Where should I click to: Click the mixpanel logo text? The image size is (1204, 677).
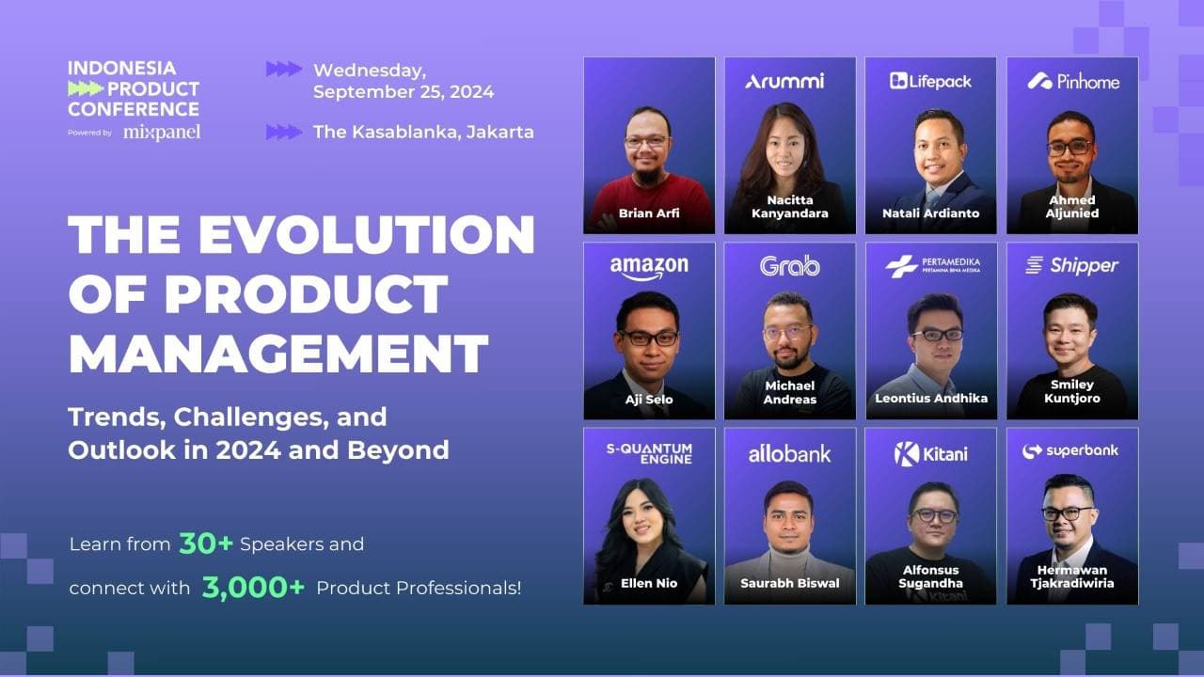coord(162,132)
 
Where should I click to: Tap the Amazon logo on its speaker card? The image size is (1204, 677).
coord(649,267)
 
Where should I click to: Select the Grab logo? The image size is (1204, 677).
coord(790,266)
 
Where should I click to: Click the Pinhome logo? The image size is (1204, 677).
coord(1073,81)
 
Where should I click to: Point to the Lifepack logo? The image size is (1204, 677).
coord(931,81)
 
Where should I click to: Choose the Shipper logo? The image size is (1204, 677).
coord(1072,266)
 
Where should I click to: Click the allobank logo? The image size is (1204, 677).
coord(790,454)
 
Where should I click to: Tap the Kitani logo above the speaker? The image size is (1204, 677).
coord(930,454)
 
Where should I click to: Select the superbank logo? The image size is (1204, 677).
coord(1070,451)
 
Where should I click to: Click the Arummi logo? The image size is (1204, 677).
coord(784,81)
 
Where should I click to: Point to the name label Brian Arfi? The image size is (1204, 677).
coord(648,213)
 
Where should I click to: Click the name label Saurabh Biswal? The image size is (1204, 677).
coord(790,584)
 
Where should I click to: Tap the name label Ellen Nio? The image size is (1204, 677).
coord(648,584)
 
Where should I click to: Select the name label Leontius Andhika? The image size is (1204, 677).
coord(931,398)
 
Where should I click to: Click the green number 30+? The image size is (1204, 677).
coord(205,543)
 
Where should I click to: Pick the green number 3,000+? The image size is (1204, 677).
coord(254,589)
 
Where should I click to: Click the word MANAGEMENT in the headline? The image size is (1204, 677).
coord(278,354)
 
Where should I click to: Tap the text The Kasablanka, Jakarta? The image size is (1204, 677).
coord(423,132)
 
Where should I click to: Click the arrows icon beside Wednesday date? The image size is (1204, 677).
coord(284,69)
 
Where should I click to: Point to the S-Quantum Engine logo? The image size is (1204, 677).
coord(649,453)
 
